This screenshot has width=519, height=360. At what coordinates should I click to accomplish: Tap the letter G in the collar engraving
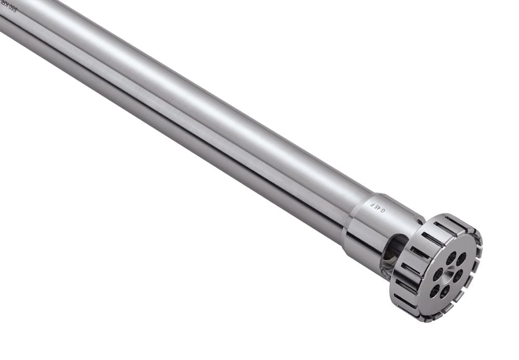click(384, 210)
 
